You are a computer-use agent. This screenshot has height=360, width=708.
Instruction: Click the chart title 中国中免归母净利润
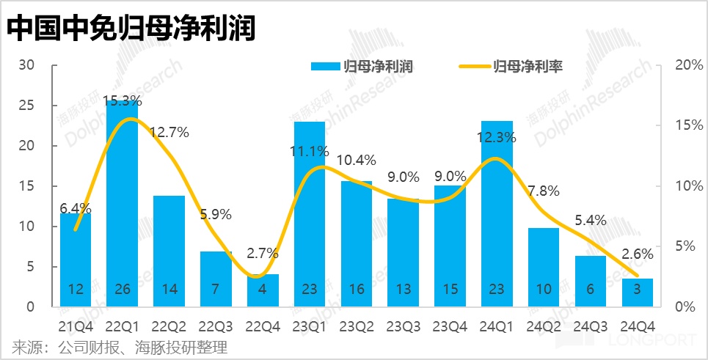click(132, 29)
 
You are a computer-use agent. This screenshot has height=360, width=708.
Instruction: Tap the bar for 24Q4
click(637, 293)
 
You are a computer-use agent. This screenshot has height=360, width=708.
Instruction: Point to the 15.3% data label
click(122, 100)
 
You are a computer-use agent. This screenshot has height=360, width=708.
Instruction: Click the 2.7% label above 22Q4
click(262, 254)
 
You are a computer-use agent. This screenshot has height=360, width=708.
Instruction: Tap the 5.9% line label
click(215, 215)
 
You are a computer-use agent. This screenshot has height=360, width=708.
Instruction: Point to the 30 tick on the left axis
click(27, 65)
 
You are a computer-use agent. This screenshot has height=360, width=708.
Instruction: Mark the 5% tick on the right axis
click(681, 246)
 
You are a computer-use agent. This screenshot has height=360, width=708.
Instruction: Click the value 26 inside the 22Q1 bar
click(122, 290)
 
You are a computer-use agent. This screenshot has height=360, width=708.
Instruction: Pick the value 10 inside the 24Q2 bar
click(544, 290)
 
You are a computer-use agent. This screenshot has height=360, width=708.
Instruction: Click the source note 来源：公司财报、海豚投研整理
click(120, 346)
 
